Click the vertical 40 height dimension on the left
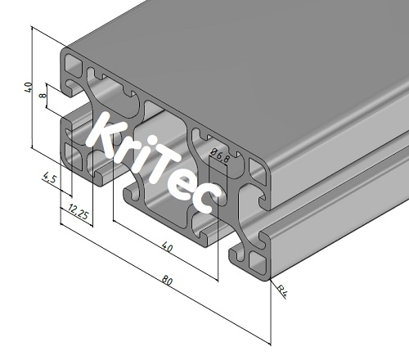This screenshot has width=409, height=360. point(28,88)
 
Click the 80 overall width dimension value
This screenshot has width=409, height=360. point(167,281)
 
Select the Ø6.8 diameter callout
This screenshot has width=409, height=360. point(216,153)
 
